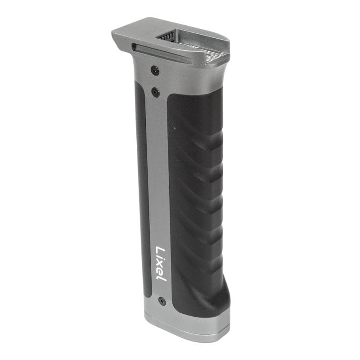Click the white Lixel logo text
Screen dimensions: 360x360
(161, 263)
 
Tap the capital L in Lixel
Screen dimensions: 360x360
(160, 250)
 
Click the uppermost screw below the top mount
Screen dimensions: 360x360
(155, 70)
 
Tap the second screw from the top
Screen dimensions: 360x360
(155, 92)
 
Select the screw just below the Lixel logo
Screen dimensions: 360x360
(162, 301)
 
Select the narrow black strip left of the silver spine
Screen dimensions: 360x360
(143, 189)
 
